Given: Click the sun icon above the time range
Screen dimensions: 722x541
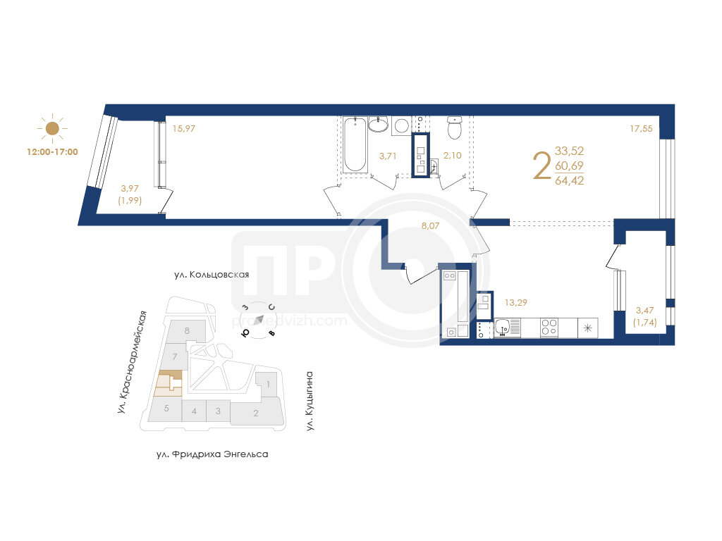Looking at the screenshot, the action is click(x=52, y=128).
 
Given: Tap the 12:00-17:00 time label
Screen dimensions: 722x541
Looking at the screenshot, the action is click(x=52, y=152).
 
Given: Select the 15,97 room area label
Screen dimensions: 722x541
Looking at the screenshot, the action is click(x=184, y=129).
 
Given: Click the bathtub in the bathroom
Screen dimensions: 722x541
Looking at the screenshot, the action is click(x=355, y=144).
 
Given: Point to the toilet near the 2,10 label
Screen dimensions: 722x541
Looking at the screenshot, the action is click(x=454, y=128).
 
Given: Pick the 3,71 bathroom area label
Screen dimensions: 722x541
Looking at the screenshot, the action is click(x=388, y=156).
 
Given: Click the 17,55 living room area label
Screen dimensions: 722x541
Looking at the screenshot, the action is click(x=641, y=129).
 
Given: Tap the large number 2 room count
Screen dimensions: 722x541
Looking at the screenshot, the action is click(x=542, y=166).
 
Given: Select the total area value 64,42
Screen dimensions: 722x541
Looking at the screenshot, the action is click(x=569, y=180).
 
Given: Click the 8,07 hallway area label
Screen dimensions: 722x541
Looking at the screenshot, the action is click(x=431, y=226).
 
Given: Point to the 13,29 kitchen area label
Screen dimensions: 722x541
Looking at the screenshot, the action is click(x=515, y=303).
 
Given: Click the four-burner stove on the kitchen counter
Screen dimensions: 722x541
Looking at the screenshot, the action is click(x=549, y=328).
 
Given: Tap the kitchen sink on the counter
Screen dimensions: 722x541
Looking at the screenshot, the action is click(x=507, y=328).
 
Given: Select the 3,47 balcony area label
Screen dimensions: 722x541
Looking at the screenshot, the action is click(x=644, y=311).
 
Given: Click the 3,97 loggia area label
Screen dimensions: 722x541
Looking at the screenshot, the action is click(x=130, y=188).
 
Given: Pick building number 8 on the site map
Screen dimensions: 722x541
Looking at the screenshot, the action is click(x=187, y=330).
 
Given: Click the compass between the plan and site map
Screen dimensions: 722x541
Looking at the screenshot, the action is click(x=259, y=320).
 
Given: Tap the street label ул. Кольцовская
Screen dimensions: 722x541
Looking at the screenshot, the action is click(x=212, y=275).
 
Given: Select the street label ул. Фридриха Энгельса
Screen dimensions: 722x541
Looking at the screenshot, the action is click(x=212, y=454).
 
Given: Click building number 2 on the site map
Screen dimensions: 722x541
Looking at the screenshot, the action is click(x=256, y=413).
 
